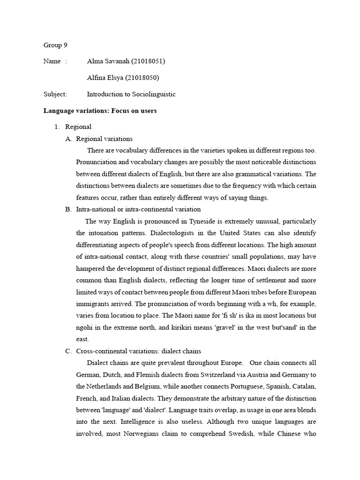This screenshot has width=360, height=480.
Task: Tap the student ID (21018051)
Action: coord(148,61)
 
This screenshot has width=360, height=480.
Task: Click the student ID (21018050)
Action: coord(146,78)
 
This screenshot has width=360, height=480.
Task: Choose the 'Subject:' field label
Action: coord(55,94)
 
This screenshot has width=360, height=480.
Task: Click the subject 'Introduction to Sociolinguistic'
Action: coord(131,94)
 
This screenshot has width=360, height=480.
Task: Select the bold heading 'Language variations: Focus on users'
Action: coord(100,111)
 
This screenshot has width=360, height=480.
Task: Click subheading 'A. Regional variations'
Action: coord(104,139)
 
